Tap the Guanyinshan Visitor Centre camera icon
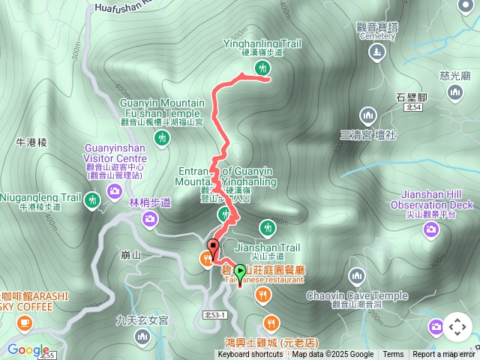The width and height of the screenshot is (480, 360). click(115, 191)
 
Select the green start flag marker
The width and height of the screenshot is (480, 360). click(240, 271)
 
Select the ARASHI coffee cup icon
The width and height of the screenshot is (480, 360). click(25, 322)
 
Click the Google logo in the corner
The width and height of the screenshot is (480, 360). click(28, 349)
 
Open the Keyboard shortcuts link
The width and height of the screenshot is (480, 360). click(250, 355)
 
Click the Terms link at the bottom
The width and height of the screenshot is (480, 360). click(393, 355)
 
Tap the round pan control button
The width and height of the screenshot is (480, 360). click(457, 327)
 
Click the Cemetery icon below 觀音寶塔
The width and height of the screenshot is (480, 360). click(376, 52)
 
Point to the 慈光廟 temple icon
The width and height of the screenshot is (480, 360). click(455, 91)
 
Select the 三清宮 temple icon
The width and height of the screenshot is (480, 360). click(367, 115)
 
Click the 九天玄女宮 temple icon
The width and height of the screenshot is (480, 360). click(142, 337)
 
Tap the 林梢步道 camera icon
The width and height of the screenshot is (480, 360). click(150, 218)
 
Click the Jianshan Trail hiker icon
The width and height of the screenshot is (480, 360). click(267, 226)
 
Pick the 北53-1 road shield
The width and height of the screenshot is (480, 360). click(214, 315)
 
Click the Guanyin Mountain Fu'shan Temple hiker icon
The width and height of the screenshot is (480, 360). click(161, 137)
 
